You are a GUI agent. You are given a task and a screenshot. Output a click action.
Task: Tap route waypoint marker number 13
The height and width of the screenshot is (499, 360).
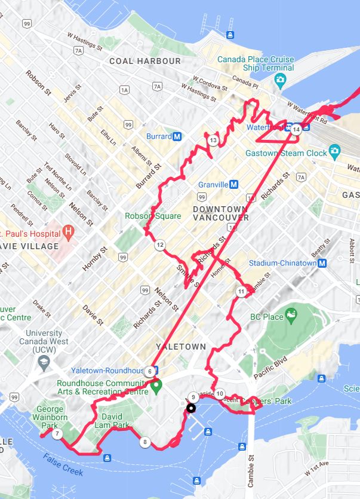(213, 140)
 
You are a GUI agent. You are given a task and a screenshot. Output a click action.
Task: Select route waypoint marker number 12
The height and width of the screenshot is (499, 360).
(160, 245)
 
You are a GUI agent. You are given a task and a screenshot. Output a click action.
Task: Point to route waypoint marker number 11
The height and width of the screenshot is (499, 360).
(241, 292)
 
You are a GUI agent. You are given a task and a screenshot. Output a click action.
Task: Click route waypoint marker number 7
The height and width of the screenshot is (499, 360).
(57, 434)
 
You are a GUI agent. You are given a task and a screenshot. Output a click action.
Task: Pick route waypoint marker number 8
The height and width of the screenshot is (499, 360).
(145, 443)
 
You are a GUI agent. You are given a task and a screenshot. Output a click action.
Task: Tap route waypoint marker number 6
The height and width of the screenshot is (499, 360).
(149, 372)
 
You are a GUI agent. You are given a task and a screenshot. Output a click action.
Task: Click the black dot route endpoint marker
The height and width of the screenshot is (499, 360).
(191, 409)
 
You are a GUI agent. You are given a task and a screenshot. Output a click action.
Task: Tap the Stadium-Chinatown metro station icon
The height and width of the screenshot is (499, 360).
(323, 263)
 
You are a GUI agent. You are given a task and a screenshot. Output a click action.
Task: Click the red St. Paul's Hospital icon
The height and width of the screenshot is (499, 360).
(69, 231)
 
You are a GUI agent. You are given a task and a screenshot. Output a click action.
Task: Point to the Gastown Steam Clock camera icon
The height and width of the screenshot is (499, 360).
(335, 152)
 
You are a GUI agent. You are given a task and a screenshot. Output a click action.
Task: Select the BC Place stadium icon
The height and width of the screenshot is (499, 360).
(291, 314)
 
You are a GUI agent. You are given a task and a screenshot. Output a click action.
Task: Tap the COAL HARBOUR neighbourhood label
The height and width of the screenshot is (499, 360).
(144, 61)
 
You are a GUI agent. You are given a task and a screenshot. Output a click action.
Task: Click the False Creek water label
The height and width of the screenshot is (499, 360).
(63, 465)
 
